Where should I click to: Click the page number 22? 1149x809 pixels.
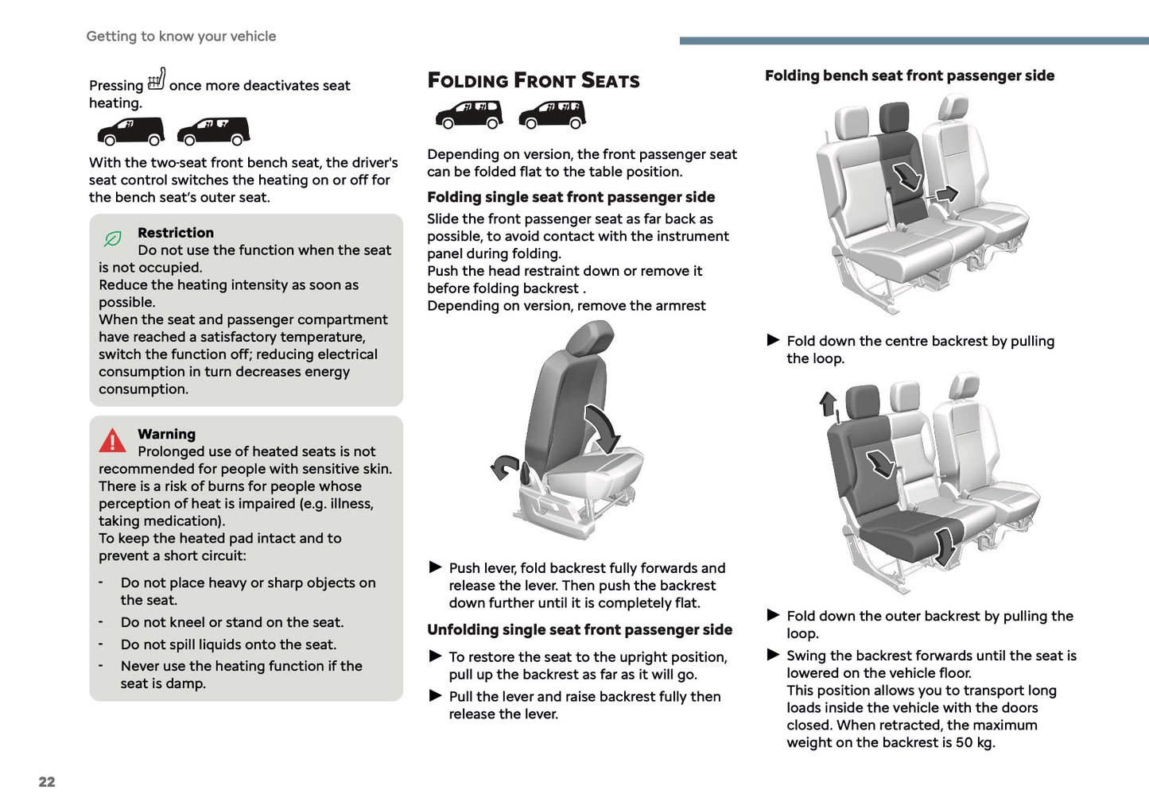coord(47,782)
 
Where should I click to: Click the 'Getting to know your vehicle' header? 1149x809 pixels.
coord(181,37)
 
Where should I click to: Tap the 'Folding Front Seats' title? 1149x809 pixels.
coord(534,80)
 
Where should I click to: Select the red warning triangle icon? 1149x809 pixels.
coord(113,441)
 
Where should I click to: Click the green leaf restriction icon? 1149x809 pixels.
coord(113,238)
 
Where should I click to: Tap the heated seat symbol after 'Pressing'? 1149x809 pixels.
coord(157,79)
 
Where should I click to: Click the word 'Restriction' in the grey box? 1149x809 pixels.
coord(176,233)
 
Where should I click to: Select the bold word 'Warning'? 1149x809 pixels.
coord(166,434)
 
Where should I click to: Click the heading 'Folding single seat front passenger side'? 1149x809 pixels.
coord(571,197)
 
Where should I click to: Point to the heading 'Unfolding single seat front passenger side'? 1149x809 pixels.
coord(580,629)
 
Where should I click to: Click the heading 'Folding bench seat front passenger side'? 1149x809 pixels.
coord(910,75)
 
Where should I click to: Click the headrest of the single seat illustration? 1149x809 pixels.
coord(590,339)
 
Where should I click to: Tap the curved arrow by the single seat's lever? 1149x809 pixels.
coord(503,467)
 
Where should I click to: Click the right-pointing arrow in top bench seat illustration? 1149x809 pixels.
coord(945,194)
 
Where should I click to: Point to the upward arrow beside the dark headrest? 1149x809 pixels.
coord(829,404)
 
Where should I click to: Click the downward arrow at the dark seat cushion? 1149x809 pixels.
coord(945,546)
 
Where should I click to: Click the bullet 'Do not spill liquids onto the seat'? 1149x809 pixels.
coord(228,644)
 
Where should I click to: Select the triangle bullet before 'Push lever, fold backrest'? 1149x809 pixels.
coord(435,567)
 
